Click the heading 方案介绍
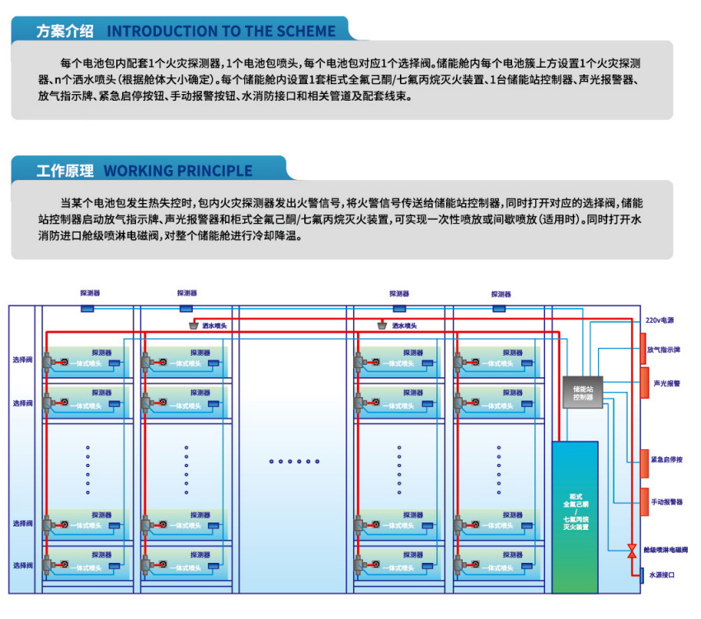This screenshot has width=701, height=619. [x=64, y=31]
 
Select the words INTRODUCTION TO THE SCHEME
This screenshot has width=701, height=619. [x=221, y=31]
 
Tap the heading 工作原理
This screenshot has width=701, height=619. [x=64, y=171]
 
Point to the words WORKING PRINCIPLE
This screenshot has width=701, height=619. [x=178, y=171]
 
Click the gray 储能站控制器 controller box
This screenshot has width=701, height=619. [x=584, y=389]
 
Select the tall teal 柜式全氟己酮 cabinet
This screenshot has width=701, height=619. [x=576, y=515]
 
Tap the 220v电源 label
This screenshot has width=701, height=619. [x=659, y=320]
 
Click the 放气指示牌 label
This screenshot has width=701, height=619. [x=665, y=350]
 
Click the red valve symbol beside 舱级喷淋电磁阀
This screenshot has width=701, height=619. [x=632, y=550]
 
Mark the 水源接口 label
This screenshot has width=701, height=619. [x=662, y=575]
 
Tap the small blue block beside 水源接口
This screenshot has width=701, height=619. [x=642, y=575]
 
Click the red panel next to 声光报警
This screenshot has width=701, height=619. [x=645, y=383]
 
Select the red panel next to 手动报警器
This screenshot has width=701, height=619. [x=645, y=502]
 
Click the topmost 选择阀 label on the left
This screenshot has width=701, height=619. [x=22, y=360]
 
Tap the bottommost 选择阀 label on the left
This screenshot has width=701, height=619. [x=22, y=565]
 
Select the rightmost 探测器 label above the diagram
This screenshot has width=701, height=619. [x=501, y=294]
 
